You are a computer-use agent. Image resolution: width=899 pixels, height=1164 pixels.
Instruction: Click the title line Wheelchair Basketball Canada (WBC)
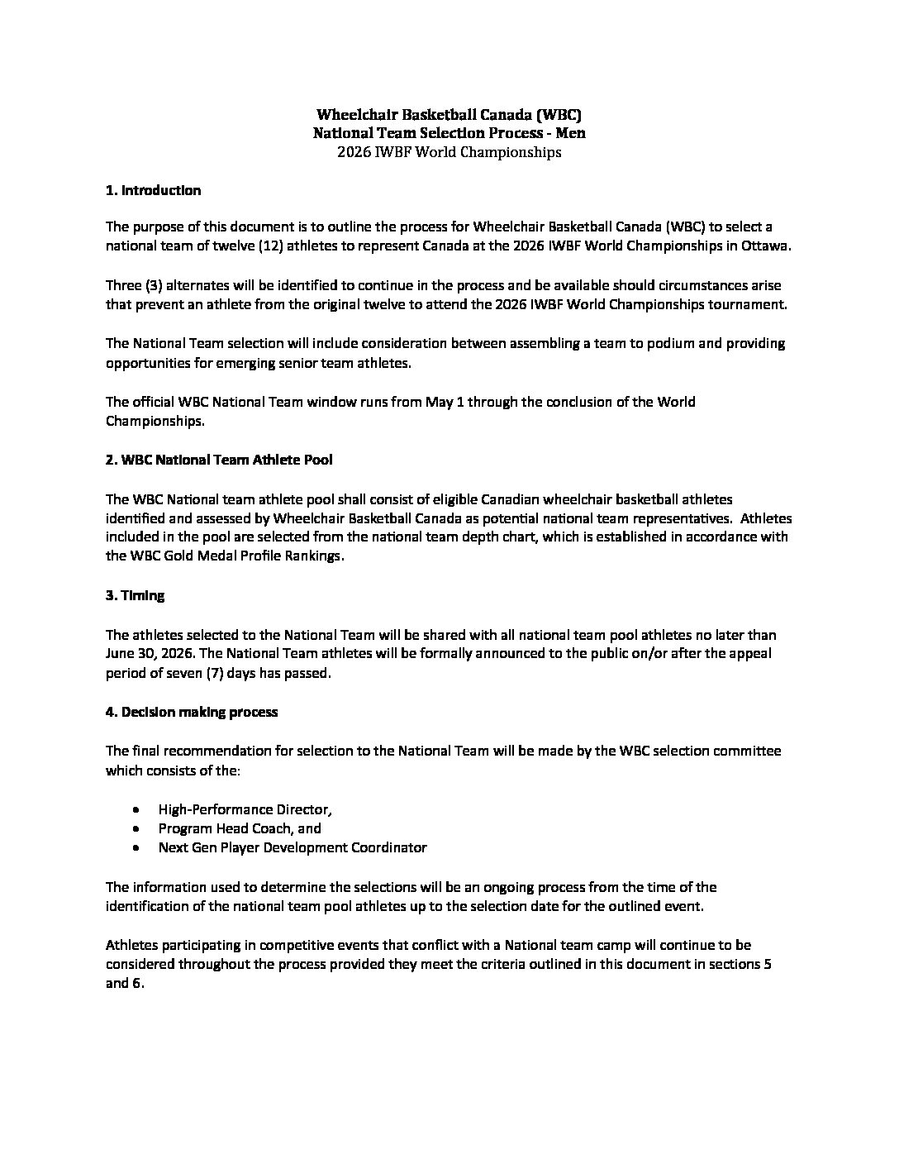449,115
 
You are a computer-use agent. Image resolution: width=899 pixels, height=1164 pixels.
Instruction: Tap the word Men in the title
572,133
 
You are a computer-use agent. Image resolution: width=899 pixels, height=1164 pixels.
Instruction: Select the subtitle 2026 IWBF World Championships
449,152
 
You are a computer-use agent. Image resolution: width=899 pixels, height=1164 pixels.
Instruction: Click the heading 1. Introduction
153,190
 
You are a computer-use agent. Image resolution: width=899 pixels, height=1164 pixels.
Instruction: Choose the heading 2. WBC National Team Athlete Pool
219,460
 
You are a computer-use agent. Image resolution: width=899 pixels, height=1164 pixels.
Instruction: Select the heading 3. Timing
135,595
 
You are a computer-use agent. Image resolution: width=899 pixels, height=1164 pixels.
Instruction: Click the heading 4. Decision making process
191,711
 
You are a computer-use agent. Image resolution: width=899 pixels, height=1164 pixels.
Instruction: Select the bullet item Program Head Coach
240,828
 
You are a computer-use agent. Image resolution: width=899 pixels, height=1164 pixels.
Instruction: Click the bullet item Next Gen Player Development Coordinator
293,847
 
